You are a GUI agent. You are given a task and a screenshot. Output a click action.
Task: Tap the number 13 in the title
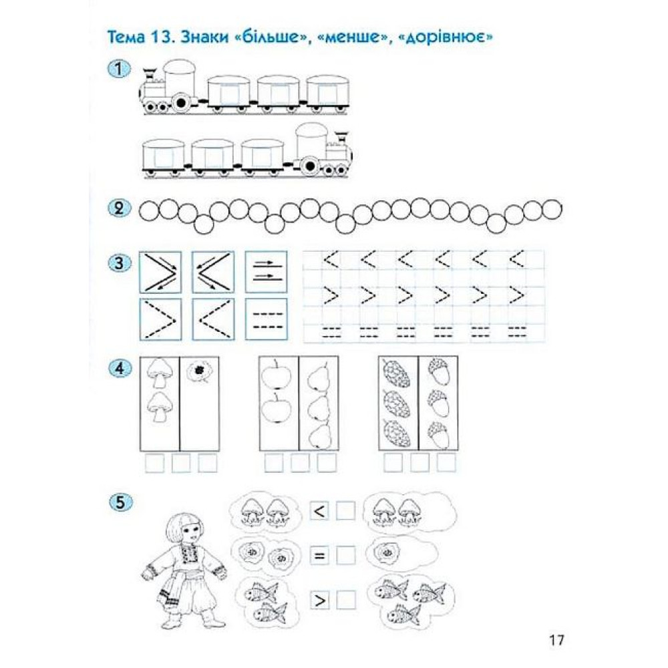coord(162,37)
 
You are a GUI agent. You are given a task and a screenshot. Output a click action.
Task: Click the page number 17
coord(556,640)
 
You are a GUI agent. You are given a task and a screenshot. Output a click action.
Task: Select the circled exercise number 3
coord(120,263)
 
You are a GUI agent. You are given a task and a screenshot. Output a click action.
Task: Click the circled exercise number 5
coord(120,503)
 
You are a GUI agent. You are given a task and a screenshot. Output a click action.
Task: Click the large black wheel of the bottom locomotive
coord(310,165)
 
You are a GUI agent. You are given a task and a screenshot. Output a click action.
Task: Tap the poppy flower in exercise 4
coord(198,371)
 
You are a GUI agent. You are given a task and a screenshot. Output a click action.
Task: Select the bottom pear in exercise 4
coord(319,435)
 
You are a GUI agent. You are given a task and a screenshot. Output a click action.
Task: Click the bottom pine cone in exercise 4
coord(397,433)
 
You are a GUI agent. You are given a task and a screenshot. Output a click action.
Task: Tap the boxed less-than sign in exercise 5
coord(319,511)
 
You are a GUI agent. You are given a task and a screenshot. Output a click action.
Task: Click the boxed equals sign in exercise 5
coord(319,556)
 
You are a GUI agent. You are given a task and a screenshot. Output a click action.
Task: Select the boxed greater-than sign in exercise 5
coord(319,601)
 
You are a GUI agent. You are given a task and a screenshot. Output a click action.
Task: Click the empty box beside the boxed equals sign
coord(345,556)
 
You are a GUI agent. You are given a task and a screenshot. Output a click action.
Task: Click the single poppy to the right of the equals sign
coord(386,553)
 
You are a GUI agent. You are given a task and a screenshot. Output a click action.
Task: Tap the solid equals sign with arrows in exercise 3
coord(267,272)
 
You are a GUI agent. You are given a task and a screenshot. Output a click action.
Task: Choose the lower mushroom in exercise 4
coord(160,407)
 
